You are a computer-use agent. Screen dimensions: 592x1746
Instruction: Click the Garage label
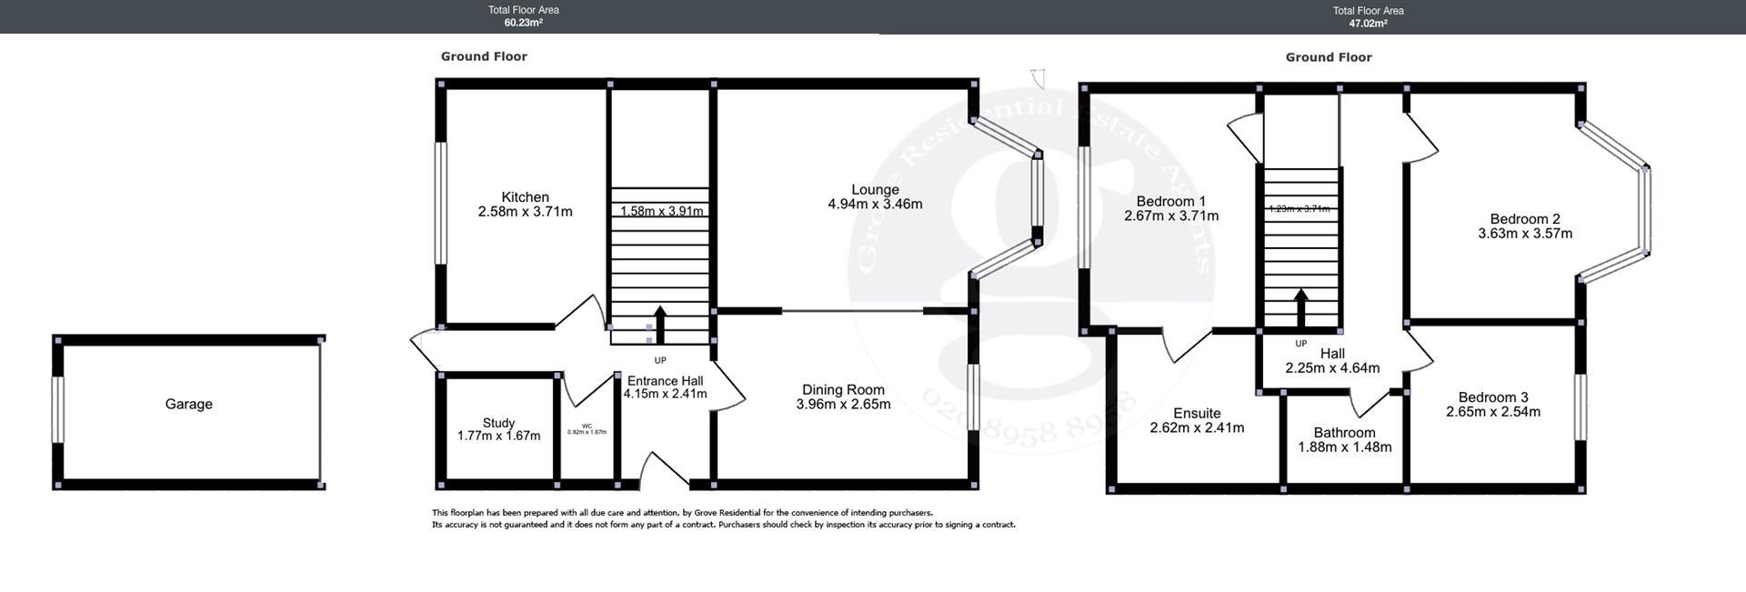click(188, 404)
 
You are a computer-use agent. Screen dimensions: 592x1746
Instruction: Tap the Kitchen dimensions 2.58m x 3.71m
click(525, 212)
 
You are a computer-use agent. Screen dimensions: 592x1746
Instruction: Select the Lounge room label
click(875, 190)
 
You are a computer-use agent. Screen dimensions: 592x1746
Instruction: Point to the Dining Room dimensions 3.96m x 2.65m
click(843, 405)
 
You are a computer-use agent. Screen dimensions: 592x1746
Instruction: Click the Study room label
click(498, 423)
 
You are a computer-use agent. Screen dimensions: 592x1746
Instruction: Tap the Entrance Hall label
click(665, 381)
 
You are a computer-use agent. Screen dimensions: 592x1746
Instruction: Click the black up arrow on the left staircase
click(659, 324)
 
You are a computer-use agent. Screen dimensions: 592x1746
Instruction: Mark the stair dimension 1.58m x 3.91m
click(661, 211)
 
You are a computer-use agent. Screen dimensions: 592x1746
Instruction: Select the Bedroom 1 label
click(1170, 201)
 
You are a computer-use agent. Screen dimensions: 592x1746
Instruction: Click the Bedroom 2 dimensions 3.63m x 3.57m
click(1524, 234)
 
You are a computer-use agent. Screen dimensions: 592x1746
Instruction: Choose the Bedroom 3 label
click(1492, 397)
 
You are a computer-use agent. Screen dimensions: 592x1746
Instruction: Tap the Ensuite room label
click(1197, 413)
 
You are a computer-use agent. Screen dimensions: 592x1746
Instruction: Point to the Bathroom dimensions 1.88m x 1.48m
click(1344, 447)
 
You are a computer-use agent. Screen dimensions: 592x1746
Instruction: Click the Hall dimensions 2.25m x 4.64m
click(1332, 368)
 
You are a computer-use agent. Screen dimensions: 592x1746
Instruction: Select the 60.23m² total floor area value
click(523, 24)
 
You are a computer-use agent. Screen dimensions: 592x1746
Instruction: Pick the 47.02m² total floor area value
click(1368, 24)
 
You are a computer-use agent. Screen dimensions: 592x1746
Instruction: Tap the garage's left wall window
click(58, 410)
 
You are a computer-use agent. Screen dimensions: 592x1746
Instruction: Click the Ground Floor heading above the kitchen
click(484, 56)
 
